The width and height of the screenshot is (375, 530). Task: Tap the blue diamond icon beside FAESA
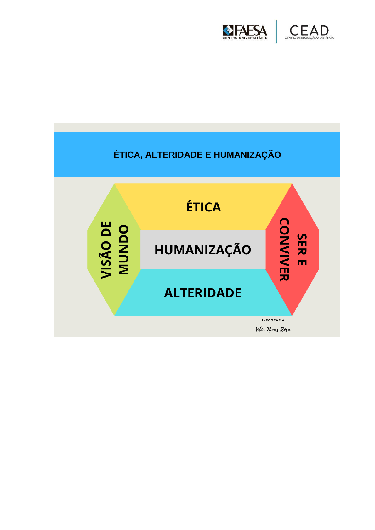click(x=228, y=31)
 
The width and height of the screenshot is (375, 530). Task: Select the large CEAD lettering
click(x=309, y=31)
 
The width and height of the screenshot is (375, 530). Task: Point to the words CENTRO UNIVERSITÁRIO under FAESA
click(x=245, y=38)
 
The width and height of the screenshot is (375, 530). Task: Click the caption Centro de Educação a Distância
click(x=309, y=38)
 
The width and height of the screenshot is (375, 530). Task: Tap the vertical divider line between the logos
click(x=276, y=32)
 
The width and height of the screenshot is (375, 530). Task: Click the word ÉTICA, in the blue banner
click(x=128, y=155)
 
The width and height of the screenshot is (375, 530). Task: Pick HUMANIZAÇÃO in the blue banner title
click(x=247, y=155)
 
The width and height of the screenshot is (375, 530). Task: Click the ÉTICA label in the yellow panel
click(x=203, y=207)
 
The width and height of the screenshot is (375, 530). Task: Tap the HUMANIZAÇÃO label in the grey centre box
click(x=203, y=250)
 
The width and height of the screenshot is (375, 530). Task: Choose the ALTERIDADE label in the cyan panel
click(x=202, y=293)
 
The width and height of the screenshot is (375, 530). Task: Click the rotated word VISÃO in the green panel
click(x=106, y=260)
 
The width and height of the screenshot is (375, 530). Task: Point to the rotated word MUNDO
click(x=123, y=250)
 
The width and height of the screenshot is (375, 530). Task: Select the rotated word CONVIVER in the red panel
click(x=284, y=250)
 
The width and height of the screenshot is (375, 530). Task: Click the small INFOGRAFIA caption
click(x=273, y=320)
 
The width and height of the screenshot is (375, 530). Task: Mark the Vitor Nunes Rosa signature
click(x=273, y=330)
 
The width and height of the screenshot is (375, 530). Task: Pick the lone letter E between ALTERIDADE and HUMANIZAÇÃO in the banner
click(x=208, y=155)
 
